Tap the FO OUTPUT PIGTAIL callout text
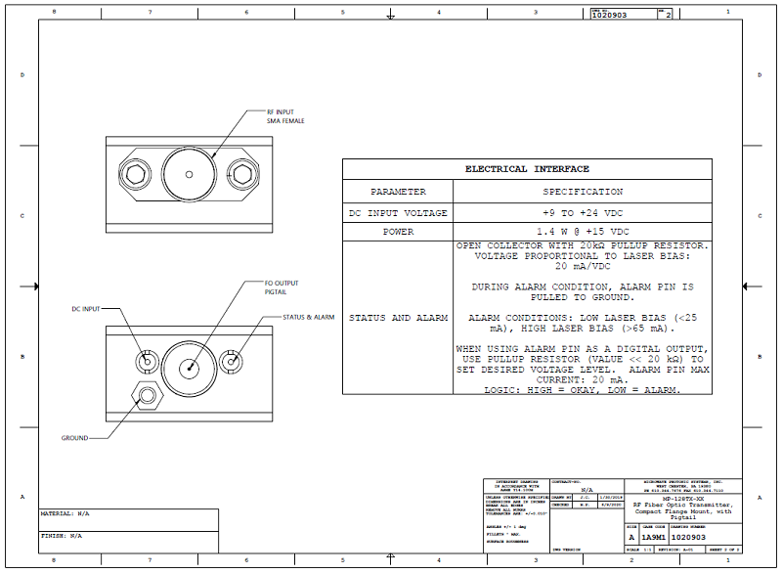click(282, 286)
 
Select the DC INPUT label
click(87, 309)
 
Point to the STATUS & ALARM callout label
click(309, 317)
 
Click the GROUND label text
click(75, 437)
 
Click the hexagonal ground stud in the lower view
click(148, 395)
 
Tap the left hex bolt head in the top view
click(135, 174)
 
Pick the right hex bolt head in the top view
click(241, 174)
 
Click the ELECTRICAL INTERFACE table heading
click(527, 169)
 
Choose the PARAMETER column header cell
click(398, 192)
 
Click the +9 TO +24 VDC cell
click(583, 212)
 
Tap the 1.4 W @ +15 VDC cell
click(583, 232)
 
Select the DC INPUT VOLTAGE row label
click(398, 212)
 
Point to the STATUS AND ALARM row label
click(398, 318)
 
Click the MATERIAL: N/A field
click(65, 513)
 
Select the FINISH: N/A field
click(62, 536)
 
